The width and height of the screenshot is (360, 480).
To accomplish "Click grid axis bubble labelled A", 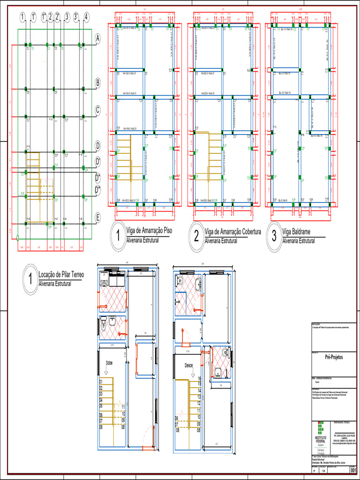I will point(97,39).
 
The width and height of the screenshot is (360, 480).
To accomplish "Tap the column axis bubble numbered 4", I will point(86,17).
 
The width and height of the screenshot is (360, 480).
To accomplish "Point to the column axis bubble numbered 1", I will point(22,17).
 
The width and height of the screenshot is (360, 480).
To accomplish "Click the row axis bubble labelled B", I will point(97,83).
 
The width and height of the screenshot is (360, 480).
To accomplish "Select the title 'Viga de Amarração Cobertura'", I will point(232,232).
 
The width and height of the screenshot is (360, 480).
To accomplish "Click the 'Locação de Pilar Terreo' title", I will point(61,274).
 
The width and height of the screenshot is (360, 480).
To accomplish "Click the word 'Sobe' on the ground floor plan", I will point(109,363).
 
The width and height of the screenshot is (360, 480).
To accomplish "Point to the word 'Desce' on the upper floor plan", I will point(189,365).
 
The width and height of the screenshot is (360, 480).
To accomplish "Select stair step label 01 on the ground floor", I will point(101,382).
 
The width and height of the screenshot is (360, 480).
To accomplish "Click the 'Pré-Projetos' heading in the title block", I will point(333,357).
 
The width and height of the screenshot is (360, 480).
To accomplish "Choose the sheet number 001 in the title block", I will point(353,470).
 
